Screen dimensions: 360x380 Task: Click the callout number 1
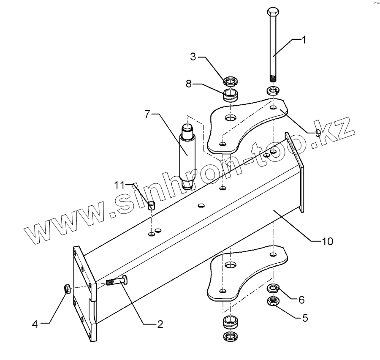coord(303,40)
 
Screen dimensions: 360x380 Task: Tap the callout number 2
coord(160,325)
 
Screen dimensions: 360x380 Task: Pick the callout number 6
coord(301,300)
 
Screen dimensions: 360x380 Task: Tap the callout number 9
coord(318,132)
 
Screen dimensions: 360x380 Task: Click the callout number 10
coord(328,241)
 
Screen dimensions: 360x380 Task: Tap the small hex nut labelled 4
coord(67,289)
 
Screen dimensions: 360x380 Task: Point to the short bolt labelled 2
coord(116,281)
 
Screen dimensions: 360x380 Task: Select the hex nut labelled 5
coord(274,301)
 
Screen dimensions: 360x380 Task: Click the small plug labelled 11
coord(152,206)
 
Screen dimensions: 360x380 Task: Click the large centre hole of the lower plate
coord(230,265)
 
